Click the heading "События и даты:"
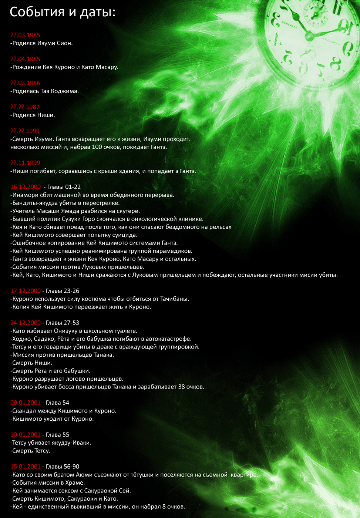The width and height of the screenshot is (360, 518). [x=63, y=12]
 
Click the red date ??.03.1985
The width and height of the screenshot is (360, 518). [x=25, y=35]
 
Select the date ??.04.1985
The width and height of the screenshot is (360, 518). [x=25, y=59]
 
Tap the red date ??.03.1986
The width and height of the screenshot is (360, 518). [x=25, y=83]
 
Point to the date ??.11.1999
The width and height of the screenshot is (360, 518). [x=25, y=163]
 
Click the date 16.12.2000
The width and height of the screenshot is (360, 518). [x=26, y=187]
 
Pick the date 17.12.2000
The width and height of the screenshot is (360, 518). [x=26, y=291]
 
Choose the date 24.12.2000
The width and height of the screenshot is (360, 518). [x=26, y=323]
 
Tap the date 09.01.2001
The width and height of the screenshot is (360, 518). [x=26, y=403]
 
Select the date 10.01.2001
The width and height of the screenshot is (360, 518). [x=26, y=435]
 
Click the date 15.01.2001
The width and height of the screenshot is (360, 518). [x=26, y=467]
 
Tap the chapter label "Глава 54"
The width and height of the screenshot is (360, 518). [x=57, y=403]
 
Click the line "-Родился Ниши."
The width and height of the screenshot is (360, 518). [x=33, y=115]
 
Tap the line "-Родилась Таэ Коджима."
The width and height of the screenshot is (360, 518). [x=44, y=91]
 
